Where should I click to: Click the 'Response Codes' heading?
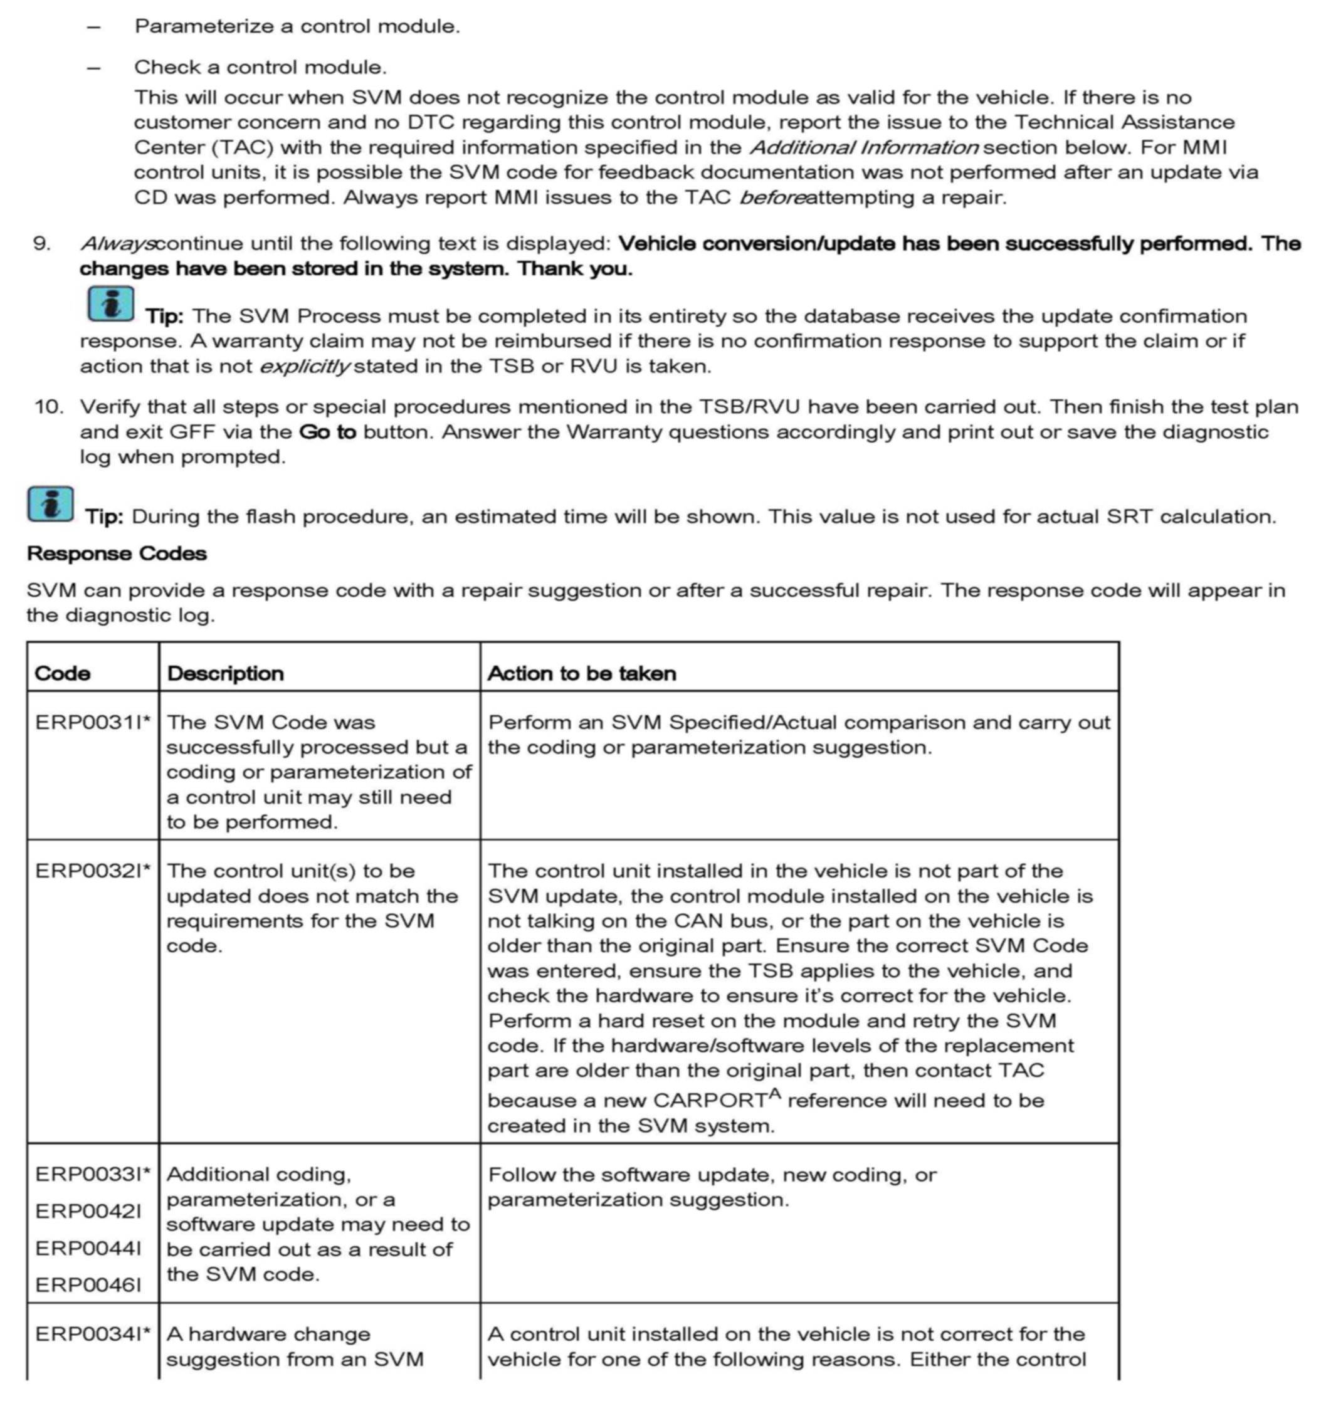tap(117, 553)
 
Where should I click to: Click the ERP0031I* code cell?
tap(93, 723)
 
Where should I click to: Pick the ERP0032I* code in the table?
tap(93, 871)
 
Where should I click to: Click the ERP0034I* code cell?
tap(93, 1335)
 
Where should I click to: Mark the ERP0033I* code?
tap(93, 1175)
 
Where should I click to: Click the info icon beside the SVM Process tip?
tap(111, 304)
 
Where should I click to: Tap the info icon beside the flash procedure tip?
tap(50, 504)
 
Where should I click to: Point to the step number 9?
tap(42, 243)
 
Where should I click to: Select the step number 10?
tap(48, 407)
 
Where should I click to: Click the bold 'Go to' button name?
tap(327, 433)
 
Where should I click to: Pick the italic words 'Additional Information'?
tap(864, 148)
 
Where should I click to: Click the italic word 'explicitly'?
tap(305, 366)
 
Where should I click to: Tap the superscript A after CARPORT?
tap(774, 1093)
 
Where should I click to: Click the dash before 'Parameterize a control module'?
tap(93, 27)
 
